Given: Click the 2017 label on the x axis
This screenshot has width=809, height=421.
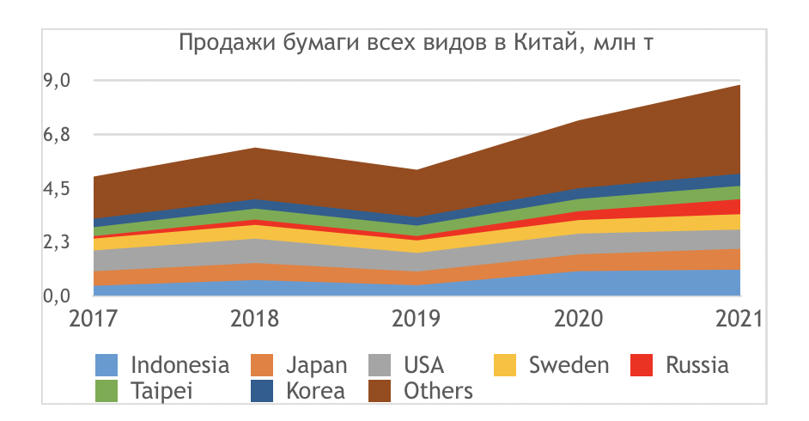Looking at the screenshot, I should pos(94,320).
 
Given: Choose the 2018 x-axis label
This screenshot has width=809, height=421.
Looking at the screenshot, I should pos(255,320).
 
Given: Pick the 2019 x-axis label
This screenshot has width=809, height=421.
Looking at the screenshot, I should pos(417,320).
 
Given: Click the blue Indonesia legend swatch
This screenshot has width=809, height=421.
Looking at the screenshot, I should pos(106,364).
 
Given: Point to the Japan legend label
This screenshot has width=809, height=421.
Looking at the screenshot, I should pos(315,364).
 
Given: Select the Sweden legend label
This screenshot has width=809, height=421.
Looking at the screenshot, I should pos(569,364).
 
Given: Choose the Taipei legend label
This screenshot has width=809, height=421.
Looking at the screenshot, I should pos(162,391).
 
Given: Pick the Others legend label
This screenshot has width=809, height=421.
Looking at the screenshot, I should pos(438,391).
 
